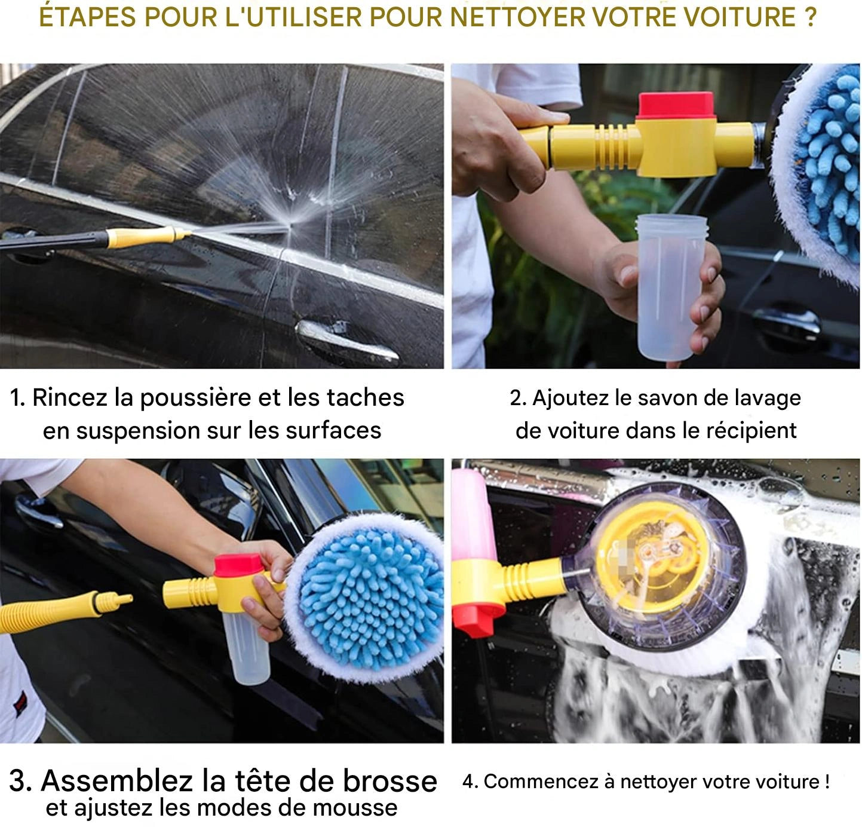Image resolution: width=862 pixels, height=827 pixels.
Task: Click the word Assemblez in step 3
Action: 116,781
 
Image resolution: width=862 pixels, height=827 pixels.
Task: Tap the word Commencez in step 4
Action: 540,782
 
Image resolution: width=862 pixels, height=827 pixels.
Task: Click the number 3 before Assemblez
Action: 20,781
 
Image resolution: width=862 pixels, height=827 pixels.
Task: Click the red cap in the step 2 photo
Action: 676,106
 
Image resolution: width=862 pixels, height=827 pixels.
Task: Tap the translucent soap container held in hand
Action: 670,287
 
